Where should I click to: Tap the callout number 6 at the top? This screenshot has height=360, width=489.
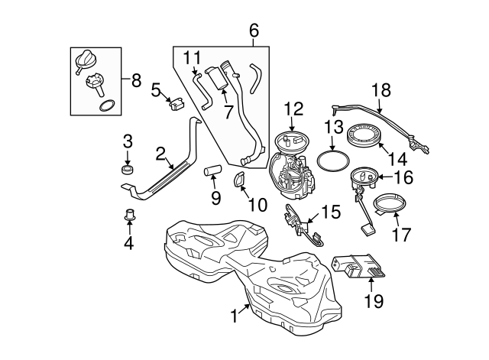[254, 31]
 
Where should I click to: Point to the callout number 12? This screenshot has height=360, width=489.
[294, 110]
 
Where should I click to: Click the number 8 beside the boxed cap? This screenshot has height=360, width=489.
[136, 80]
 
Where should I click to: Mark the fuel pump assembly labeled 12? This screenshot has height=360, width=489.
[291, 170]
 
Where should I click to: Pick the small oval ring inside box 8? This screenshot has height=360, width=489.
[108, 105]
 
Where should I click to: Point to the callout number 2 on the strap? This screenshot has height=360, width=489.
[161, 154]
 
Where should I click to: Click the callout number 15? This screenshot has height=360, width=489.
[330, 212]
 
